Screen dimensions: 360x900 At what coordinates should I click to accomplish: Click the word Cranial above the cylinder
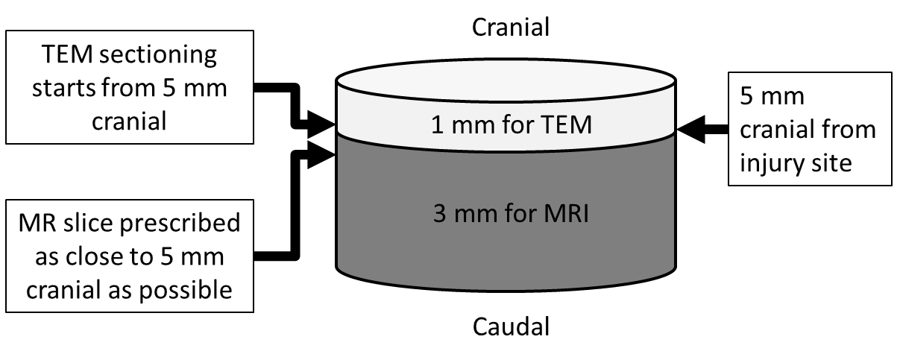510,28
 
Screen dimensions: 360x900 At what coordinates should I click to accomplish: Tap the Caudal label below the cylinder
510,326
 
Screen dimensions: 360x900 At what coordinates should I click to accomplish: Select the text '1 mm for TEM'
511,124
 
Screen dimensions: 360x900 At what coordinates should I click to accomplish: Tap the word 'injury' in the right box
771,162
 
